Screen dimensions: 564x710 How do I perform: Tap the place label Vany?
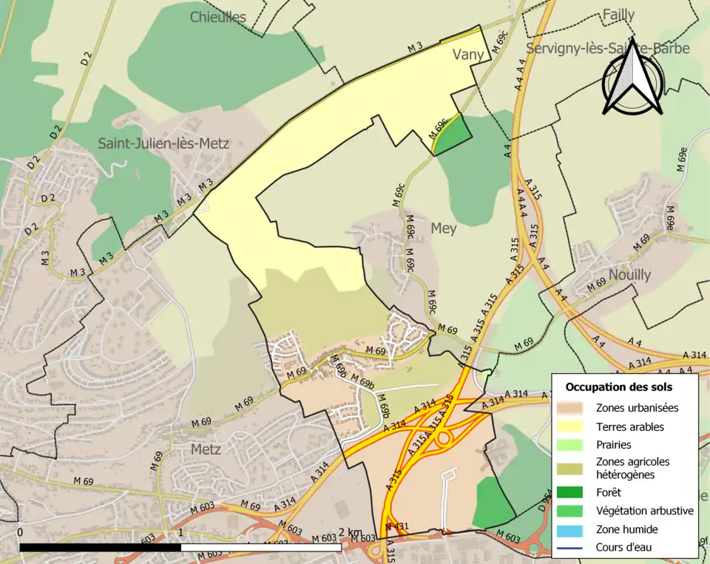coord(468,55)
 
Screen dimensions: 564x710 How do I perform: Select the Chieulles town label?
coord(217,17)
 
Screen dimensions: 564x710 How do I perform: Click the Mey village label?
coord(444,229)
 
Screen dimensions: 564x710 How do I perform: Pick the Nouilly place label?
coord(629,275)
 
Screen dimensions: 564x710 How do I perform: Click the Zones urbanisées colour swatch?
coord(573,407)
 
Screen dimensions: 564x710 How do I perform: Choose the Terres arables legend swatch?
coord(573,427)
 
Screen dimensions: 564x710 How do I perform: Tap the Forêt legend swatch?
coord(573,492)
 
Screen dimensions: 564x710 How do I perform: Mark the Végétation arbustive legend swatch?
coord(573,511)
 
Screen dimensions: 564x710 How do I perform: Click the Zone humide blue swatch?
coord(573,529)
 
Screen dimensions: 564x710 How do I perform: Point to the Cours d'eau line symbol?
coord(573,548)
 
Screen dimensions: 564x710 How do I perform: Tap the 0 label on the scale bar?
coord(19,532)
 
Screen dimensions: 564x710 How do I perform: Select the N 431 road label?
coord(396,526)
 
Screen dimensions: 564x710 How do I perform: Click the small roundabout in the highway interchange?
coord(444,437)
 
